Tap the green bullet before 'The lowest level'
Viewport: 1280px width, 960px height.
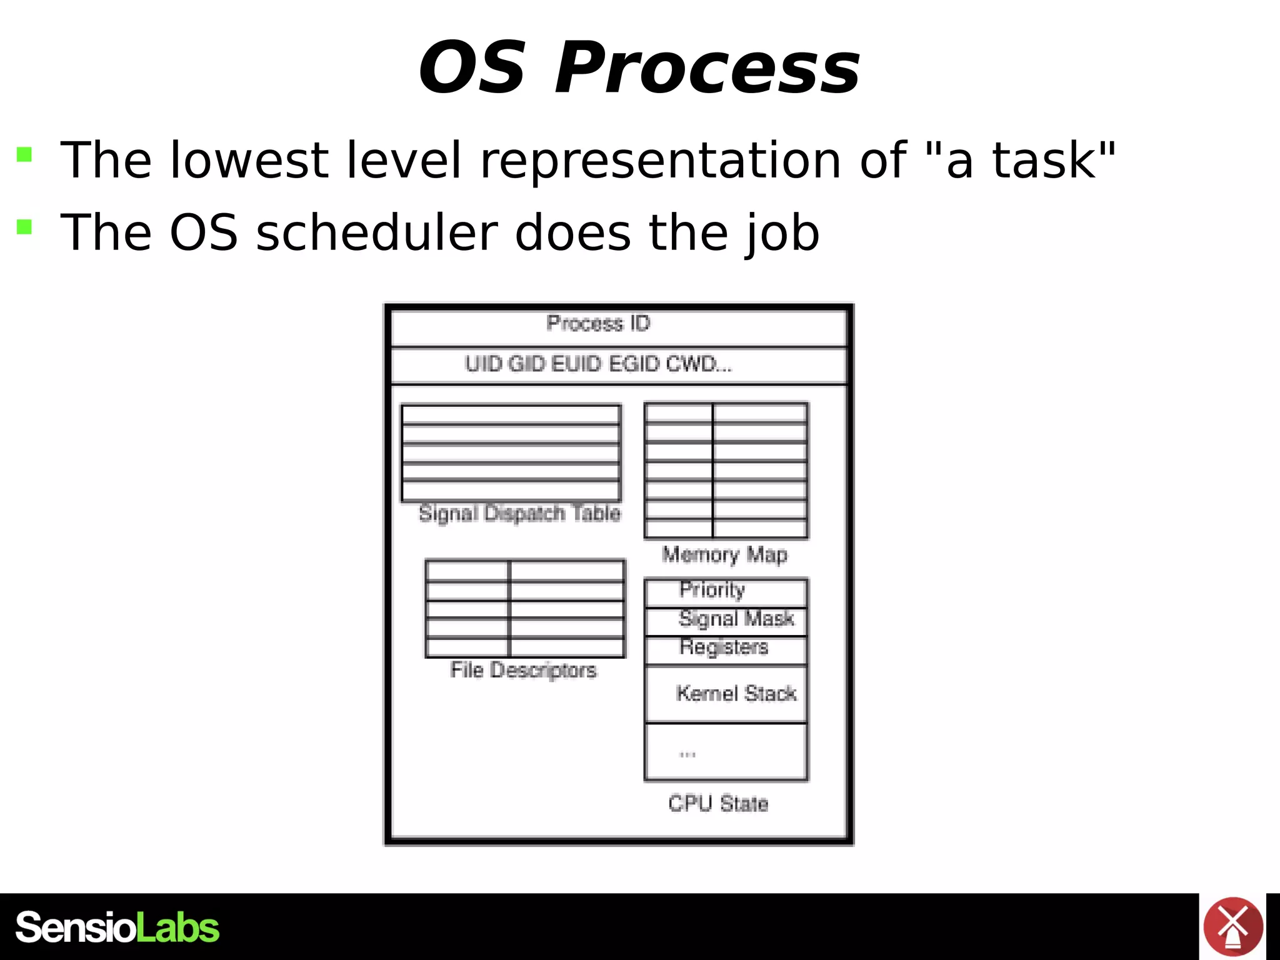point(24,154)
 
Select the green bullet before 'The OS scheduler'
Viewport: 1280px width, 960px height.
point(24,226)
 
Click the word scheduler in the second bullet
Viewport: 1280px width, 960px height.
point(376,232)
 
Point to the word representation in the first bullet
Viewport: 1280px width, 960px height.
point(660,161)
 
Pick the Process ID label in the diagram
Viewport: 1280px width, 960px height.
point(598,324)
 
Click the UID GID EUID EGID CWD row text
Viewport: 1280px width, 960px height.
point(598,364)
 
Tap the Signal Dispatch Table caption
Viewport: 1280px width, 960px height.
point(519,514)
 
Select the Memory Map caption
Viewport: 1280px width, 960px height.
point(725,555)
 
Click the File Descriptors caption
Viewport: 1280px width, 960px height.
point(524,671)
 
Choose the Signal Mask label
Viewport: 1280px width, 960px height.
point(736,619)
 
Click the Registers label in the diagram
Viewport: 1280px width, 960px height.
point(724,647)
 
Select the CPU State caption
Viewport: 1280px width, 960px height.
point(718,804)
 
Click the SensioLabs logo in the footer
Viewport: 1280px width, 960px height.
point(117,927)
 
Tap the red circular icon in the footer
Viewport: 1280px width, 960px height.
point(1232,926)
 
